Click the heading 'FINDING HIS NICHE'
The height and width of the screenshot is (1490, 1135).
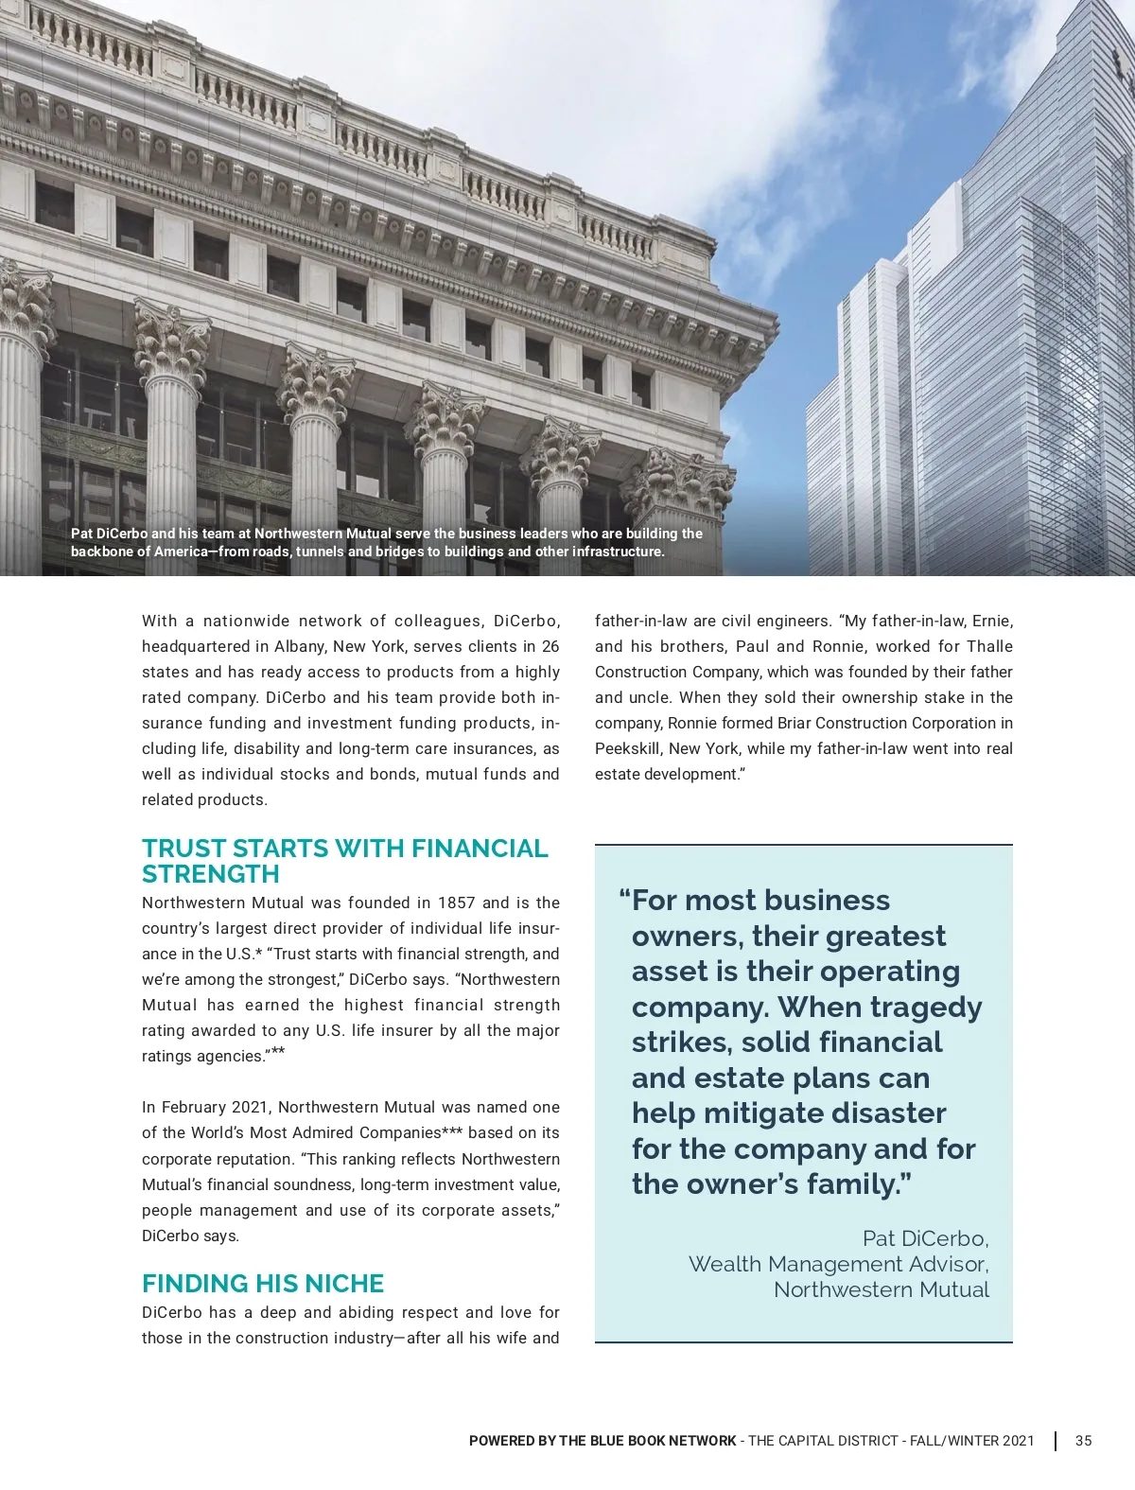263,1284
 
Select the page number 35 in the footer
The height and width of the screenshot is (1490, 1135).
1084,1441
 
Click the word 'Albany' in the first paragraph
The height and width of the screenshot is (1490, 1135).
299,646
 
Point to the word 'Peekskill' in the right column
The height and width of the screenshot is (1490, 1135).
627,748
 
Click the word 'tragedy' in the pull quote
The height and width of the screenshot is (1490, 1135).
926,1007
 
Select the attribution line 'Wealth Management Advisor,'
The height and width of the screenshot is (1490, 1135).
838,1264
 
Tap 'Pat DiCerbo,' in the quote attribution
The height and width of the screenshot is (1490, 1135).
925,1238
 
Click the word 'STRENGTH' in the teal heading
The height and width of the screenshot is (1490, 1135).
211,873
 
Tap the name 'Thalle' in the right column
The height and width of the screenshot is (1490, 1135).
989,646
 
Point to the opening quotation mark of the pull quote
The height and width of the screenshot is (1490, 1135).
624,899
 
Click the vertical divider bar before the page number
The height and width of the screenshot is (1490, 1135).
1056,1441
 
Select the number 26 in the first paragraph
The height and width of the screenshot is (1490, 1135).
550,646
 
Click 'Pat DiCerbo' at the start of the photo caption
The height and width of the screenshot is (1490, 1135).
109,534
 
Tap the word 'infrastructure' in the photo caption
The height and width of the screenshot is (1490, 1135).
617,552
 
